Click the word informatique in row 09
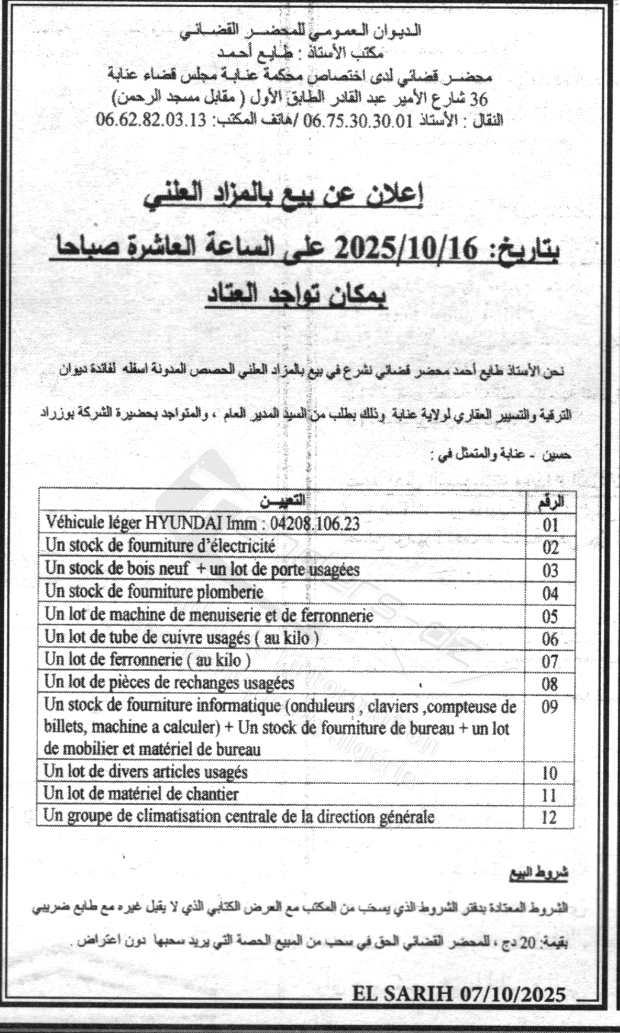point(240,706)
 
